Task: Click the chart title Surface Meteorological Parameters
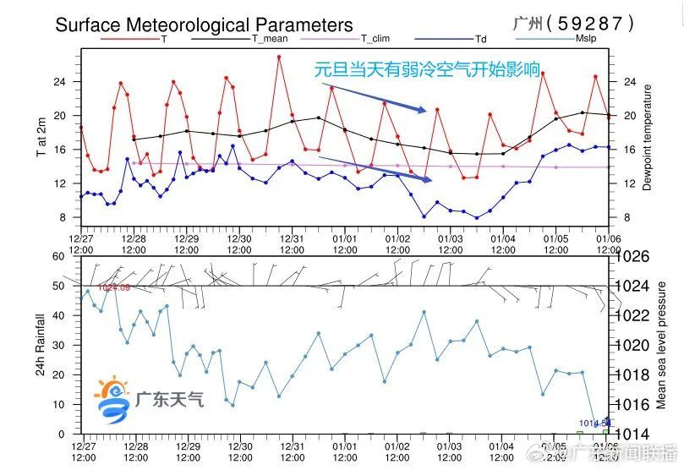[204, 25]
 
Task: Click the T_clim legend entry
[375, 39]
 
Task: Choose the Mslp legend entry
[587, 39]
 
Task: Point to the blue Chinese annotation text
[427, 69]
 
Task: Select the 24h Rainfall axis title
[40, 345]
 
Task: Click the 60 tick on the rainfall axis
[59, 256]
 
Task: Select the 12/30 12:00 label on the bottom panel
[239, 451]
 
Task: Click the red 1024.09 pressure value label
[113, 288]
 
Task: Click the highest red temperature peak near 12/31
[279, 57]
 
